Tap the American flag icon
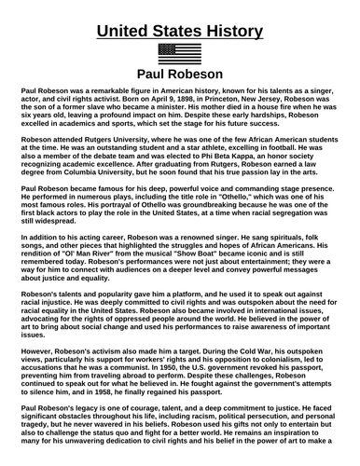point(179,53)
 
